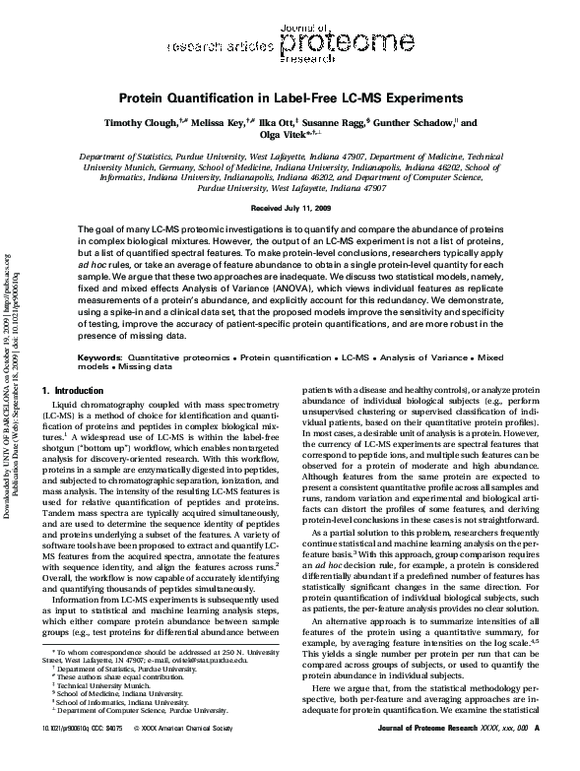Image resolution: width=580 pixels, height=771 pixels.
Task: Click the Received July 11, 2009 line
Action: coord(290,210)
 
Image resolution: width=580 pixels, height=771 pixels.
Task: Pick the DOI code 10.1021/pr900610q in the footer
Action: coord(58,755)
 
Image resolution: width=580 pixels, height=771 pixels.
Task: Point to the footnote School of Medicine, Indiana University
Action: coord(115,720)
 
